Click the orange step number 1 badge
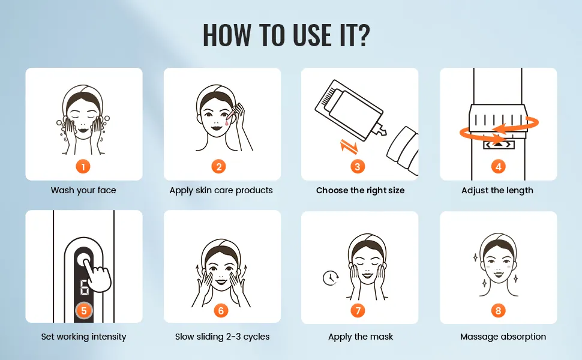tap(83, 167)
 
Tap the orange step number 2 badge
tap(218, 167)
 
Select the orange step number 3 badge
tap(358, 167)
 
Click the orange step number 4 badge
tap(499, 167)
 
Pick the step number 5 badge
tap(84, 311)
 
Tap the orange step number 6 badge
tap(221, 311)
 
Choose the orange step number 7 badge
tap(358, 311)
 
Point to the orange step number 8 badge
tap(498, 311)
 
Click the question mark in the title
tap(362, 35)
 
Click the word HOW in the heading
tap(226, 35)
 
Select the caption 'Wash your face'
tap(83, 190)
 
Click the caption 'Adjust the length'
tap(497, 190)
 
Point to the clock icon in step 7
tap(330, 278)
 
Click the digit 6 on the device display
tap(84, 287)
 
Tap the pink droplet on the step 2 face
tap(226, 122)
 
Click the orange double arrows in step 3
tap(349, 146)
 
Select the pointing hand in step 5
tap(97, 275)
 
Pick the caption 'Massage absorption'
tap(503, 337)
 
